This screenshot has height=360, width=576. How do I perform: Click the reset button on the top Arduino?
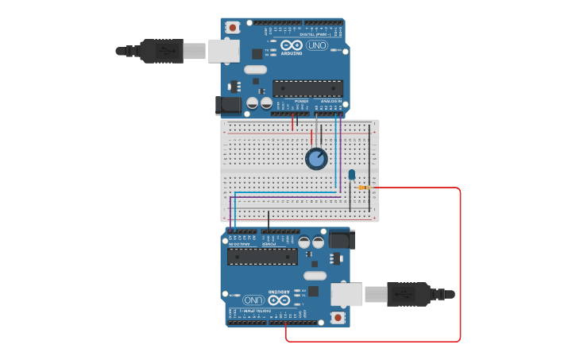click(233, 27)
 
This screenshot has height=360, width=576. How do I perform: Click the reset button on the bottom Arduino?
click(338, 317)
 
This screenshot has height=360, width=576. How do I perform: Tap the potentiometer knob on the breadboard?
click(316, 159)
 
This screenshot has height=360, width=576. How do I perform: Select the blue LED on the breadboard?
click(352, 174)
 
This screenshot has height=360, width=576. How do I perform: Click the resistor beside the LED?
click(364, 188)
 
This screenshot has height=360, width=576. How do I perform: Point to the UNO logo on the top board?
click(317, 45)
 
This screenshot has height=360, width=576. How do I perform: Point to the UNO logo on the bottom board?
click(253, 300)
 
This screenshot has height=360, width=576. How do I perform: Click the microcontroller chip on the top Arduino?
click(307, 88)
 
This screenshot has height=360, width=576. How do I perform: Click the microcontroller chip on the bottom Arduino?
click(262, 256)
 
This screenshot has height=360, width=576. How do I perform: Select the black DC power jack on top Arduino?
click(229, 104)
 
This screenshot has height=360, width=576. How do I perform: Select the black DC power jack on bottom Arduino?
click(342, 239)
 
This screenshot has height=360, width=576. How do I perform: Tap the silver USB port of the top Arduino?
click(223, 51)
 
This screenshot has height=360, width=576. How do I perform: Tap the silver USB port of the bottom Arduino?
click(347, 294)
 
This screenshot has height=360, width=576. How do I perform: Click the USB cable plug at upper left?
click(163, 51)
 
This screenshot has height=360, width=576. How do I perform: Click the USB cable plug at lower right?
click(408, 294)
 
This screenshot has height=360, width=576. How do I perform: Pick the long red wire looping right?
click(460, 262)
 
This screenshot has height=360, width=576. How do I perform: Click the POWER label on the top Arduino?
click(301, 102)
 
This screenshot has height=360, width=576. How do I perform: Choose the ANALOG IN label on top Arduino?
click(331, 102)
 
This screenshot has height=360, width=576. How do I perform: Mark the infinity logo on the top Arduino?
click(291, 45)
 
